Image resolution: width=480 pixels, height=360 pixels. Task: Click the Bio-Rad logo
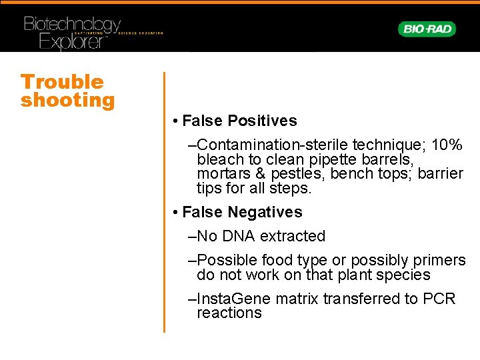click(427, 29)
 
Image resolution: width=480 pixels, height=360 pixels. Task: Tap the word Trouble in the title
click(62, 82)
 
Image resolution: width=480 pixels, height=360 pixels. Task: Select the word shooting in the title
click(67, 101)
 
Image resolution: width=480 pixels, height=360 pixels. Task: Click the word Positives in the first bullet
click(262, 121)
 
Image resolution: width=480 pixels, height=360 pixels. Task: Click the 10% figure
click(447, 145)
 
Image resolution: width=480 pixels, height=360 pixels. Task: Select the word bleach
click(220, 159)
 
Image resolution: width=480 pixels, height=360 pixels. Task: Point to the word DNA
click(238, 236)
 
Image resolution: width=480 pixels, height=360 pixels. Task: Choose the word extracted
click(292, 236)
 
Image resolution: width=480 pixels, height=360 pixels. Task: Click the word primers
click(438, 260)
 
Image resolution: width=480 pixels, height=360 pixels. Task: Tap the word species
click(403, 275)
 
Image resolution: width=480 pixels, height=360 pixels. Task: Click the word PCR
click(439, 298)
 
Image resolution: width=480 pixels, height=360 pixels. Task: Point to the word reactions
click(229, 313)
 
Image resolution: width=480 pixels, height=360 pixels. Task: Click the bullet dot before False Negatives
click(173, 213)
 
